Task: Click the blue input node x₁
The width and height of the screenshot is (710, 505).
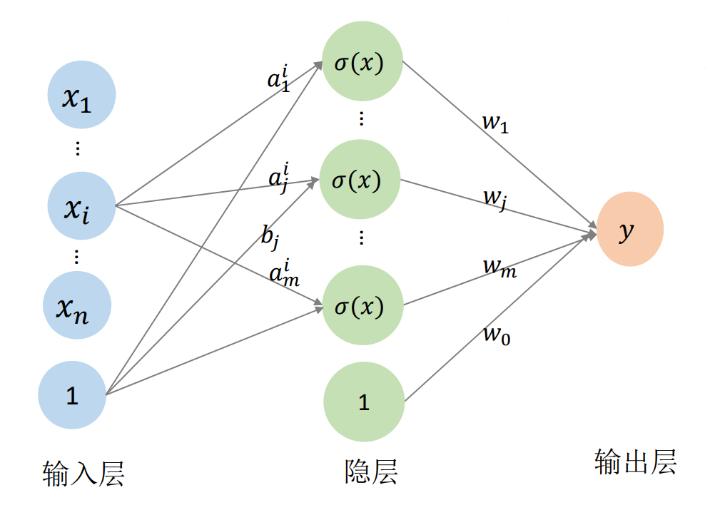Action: coord(81,95)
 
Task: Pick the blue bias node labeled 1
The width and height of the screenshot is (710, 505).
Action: coord(72,395)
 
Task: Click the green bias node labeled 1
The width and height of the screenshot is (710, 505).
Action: coord(364,402)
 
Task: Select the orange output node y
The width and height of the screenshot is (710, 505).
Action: coord(630,229)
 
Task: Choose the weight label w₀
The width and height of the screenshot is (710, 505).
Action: coord(497,333)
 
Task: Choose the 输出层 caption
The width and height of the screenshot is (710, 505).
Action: coord(635,462)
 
